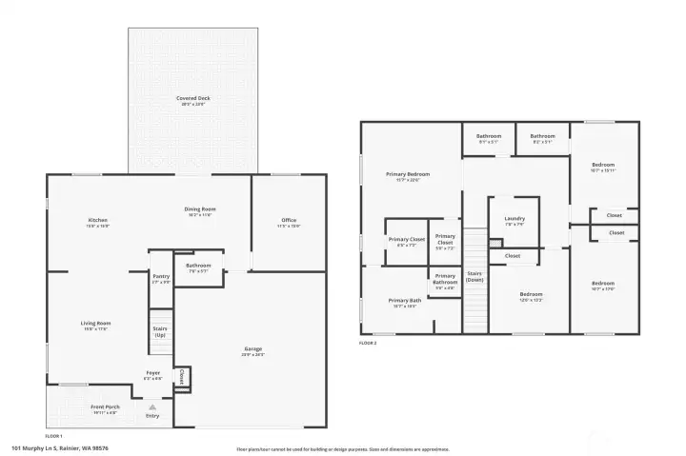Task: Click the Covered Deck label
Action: point(193,100)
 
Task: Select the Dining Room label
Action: point(200,211)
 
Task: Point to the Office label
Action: point(289,223)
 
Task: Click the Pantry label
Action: point(161,279)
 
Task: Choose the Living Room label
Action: point(96,326)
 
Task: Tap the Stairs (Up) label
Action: point(160,332)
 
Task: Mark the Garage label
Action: point(253,351)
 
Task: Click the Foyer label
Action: point(152,374)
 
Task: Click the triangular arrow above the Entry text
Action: point(152,406)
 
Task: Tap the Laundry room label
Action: point(514,221)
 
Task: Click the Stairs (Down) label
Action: point(474,276)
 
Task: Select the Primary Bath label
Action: point(404,303)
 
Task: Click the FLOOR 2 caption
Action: point(368,342)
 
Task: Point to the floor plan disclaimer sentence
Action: point(342,448)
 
